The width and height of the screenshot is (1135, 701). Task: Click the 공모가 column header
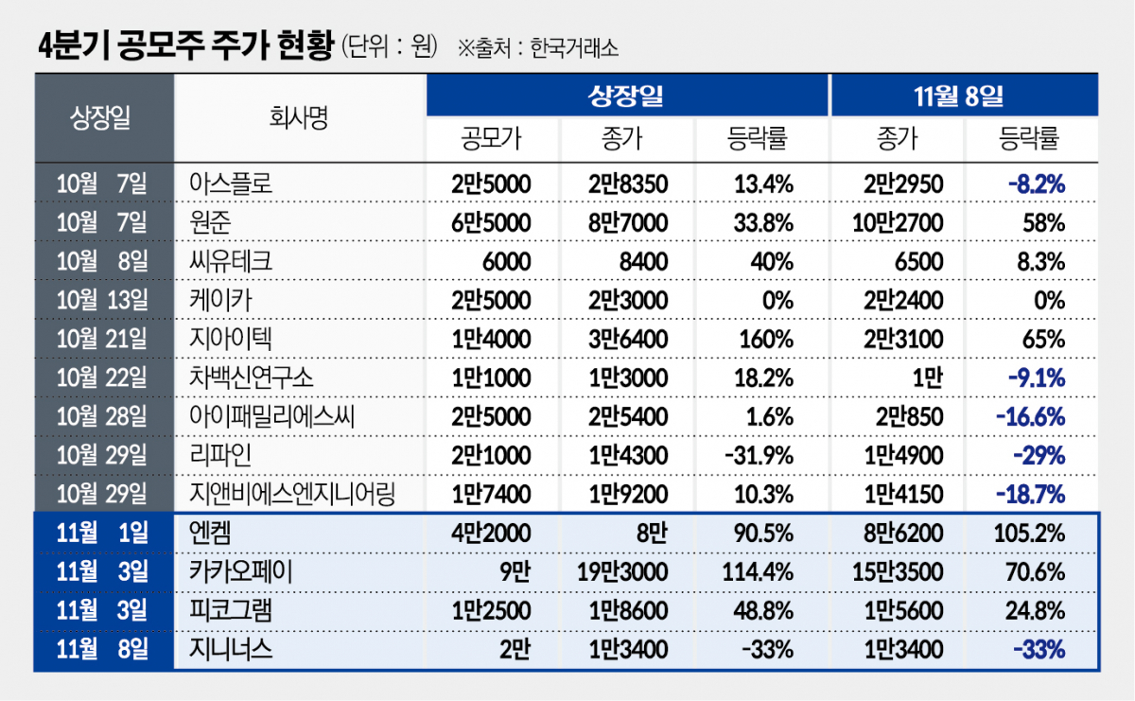click(492, 139)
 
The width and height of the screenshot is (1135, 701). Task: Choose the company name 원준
click(209, 222)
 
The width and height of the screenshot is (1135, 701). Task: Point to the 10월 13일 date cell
click(102, 300)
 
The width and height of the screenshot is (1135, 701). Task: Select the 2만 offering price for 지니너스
click(513, 649)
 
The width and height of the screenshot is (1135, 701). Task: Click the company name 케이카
click(218, 300)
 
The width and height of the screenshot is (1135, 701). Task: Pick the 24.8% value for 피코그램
click(1037, 610)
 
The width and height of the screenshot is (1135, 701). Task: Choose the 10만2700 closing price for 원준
click(897, 222)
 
